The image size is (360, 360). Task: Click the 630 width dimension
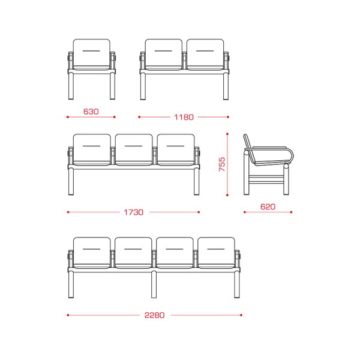click(91, 112)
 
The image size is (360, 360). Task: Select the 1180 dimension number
click(184, 118)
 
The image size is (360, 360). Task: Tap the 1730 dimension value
click(134, 212)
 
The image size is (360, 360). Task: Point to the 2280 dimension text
click(155, 315)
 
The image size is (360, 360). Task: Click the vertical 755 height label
click(222, 164)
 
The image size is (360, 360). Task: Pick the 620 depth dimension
click(268, 207)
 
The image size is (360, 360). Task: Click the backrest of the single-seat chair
click(92, 53)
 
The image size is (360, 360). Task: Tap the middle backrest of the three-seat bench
click(134, 148)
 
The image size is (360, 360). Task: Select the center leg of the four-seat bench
click(154, 284)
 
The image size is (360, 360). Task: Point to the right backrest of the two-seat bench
click(205, 53)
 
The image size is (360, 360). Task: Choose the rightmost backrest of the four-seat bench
click(216, 251)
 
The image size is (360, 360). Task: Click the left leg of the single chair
click(71, 86)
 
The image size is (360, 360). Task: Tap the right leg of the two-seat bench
click(226, 86)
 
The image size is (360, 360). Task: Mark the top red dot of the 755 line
click(227, 134)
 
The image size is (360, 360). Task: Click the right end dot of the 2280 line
click(241, 315)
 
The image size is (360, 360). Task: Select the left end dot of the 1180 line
click(139, 117)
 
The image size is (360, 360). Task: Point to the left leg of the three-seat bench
click(71, 181)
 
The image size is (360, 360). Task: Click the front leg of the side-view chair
click(286, 180)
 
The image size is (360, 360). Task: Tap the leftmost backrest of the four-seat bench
click(92, 251)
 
